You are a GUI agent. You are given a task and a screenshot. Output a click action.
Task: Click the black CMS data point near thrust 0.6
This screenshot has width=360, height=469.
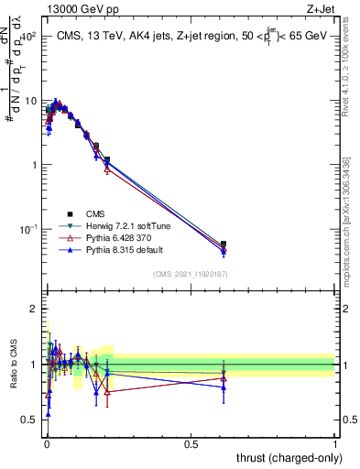click(x=224, y=245)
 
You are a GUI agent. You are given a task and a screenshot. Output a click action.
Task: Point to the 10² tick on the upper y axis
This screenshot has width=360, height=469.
click(x=27, y=37)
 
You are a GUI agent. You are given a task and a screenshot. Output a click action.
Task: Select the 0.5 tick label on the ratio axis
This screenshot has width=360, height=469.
click(x=29, y=420)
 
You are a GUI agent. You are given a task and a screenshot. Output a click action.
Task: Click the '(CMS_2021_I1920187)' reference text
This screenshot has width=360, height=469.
click(x=191, y=275)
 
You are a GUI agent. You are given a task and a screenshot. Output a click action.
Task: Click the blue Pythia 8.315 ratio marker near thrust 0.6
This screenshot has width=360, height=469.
click(x=224, y=387)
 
